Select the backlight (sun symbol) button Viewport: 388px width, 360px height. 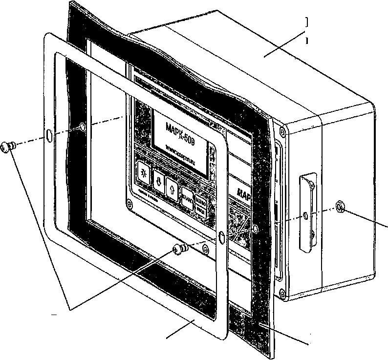tap(144, 172)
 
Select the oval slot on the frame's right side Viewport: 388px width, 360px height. tap(221, 237)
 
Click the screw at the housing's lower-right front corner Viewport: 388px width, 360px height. tap(282, 293)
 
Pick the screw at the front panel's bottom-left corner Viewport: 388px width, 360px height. tap(129, 204)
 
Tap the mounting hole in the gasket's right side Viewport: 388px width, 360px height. tap(255, 228)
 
